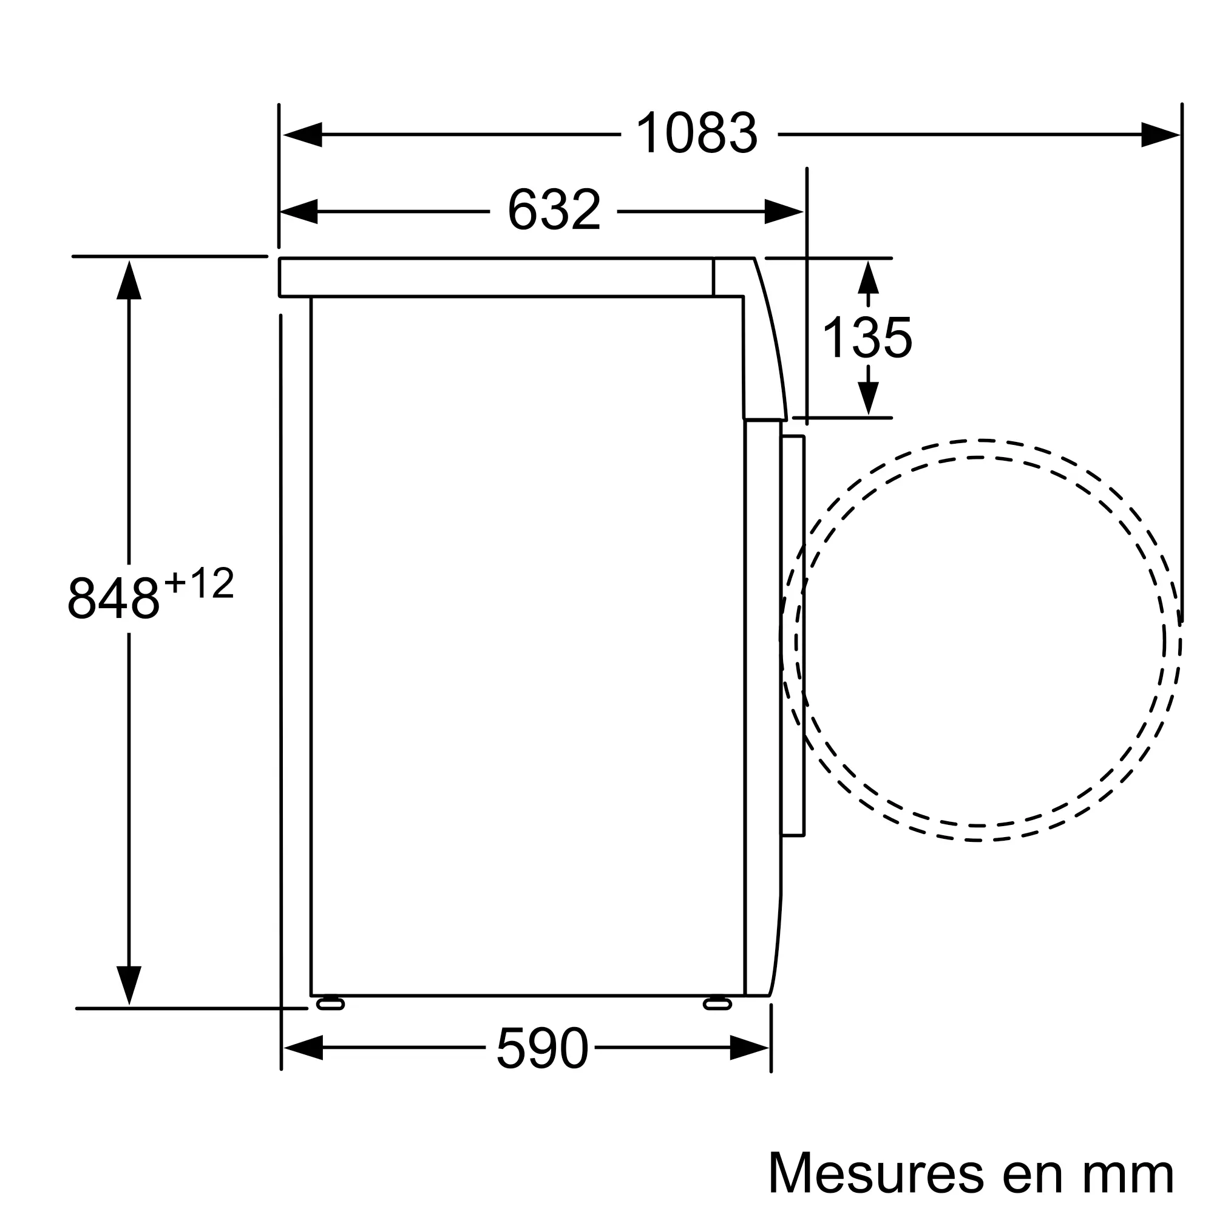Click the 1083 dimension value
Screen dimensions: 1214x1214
pyautogui.click(x=697, y=132)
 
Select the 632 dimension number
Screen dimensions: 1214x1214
pyautogui.click(x=554, y=210)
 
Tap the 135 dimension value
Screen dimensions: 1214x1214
pyautogui.click(x=867, y=337)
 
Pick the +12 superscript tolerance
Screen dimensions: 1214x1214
pyautogui.click(x=198, y=583)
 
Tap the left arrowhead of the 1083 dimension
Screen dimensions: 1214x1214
pyautogui.click(x=302, y=135)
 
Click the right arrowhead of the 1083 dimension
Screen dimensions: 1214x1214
pyautogui.click(x=1161, y=135)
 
